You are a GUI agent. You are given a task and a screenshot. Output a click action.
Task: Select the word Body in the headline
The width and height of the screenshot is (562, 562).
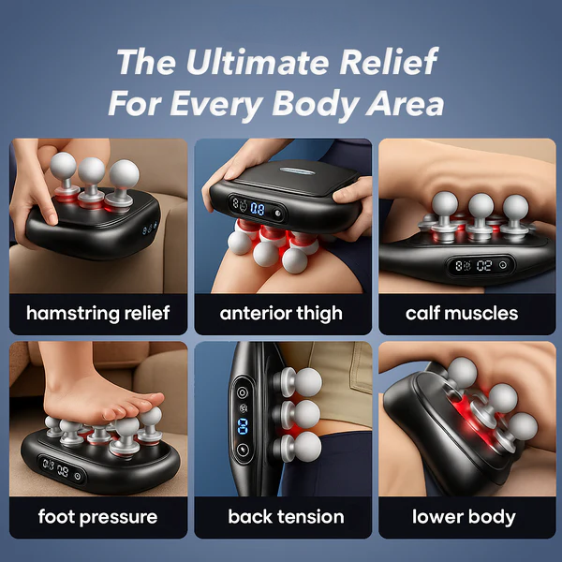(x=316, y=103)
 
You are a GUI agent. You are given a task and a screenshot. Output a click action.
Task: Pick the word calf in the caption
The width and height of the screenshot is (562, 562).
(x=421, y=313)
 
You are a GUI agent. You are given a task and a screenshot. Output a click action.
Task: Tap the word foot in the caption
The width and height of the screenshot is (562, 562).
(x=55, y=516)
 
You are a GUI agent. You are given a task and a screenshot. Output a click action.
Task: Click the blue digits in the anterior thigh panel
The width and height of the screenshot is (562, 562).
(x=258, y=209)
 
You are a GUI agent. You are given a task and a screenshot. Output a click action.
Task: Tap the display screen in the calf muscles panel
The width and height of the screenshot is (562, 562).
(x=481, y=266)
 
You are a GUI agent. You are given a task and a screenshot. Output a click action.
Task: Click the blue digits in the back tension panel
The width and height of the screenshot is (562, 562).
(x=243, y=426)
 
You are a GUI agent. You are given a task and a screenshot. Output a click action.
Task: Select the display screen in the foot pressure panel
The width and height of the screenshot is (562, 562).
(x=62, y=470)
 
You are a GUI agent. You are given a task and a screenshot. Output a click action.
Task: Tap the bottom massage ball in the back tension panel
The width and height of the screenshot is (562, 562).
(x=307, y=447)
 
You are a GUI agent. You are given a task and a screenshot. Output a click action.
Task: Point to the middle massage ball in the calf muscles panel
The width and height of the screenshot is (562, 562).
(x=481, y=206)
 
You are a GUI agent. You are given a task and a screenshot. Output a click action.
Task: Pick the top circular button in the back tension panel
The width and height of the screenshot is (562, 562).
(x=243, y=392)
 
